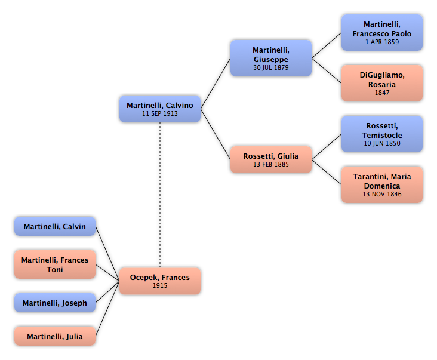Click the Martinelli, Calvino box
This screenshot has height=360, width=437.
[x=160, y=109]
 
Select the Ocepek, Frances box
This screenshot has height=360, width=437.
[x=160, y=281]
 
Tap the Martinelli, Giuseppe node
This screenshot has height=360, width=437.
[x=271, y=59]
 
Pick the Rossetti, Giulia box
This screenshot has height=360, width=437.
[x=271, y=159]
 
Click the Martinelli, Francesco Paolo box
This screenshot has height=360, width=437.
[x=382, y=33]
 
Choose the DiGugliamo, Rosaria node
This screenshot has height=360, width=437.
[x=382, y=84]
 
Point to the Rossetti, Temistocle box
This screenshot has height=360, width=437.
[x=382, y=134]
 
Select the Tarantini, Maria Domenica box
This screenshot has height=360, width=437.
[x=382, y=184]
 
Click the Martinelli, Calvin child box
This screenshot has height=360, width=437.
[x=55, y=226]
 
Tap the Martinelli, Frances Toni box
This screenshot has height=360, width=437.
[x=55, y=264]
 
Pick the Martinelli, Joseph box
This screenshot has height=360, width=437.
[x=55, y=303]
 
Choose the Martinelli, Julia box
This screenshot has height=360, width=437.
[x=55, y=336]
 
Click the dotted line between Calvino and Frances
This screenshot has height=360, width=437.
[x=160, y=195]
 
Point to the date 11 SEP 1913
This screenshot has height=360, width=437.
[x=160, y=113]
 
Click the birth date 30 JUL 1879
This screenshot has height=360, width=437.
[x=271, y=67]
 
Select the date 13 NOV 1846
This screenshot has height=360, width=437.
[x=382, y=194]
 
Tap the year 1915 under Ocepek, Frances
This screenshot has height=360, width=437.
[x=160, y=285]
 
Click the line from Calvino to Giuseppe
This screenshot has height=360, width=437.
[x=216, y=84]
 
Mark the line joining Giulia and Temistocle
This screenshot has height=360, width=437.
[x=327, y=147]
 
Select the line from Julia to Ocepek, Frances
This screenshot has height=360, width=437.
[x=107, y=309]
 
